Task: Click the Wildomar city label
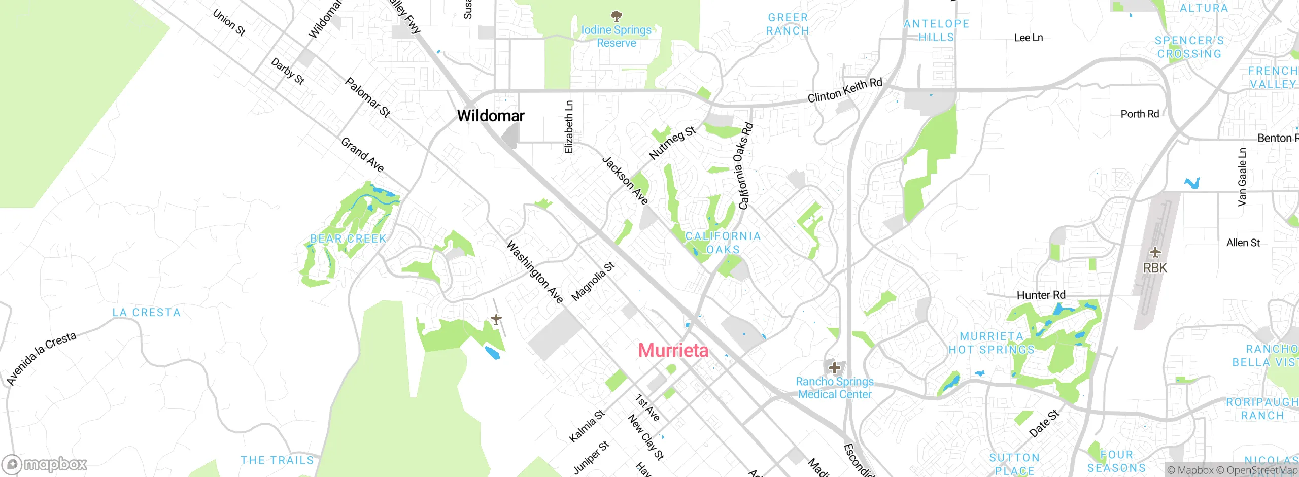pos(490,116)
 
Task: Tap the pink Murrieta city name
pos(673,350)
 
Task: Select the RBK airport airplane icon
pos(1155,252)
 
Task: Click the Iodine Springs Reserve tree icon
pos(616,16)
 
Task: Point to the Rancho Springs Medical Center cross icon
pos(834,367)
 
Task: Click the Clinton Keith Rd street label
pos(844,90)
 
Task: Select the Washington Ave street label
pos(535,272)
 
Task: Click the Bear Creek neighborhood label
pos(348,238)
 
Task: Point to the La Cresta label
pos(146,313)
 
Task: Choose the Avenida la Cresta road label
pos(41,358)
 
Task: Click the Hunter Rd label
pos(1041,295)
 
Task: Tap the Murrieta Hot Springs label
pos(992,343)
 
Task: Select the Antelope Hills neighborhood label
pos(936,30)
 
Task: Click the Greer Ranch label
pos(788,24)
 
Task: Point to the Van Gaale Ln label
pos(1242,177)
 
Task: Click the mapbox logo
pos(45,464)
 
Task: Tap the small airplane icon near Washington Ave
pos(496,319)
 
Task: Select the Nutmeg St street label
pos(672,143)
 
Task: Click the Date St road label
pos(1044,424)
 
